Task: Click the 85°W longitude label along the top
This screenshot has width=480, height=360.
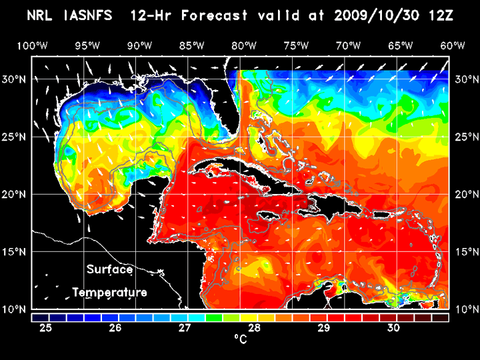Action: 191,46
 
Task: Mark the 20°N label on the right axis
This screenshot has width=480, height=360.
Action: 465,194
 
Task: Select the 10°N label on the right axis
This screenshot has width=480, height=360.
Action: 465,309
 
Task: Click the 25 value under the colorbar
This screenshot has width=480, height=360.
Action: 46,328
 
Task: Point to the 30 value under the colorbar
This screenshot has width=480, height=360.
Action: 393,328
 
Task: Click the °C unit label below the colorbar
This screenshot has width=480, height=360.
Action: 240,339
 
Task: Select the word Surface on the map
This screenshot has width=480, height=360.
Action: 109,269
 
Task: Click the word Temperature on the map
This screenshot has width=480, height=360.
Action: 109,293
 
